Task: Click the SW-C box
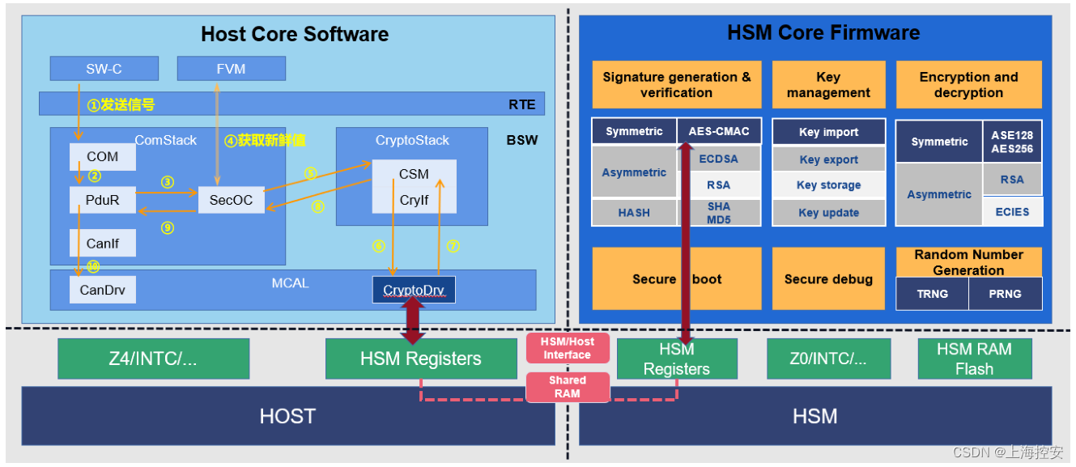pos(104,69)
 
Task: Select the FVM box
pos(231,69)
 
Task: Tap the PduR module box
pos(102,200)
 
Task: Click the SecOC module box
pos(231,200)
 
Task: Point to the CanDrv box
pos(102,290)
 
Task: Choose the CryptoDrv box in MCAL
pos(414,290)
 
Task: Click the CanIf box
pos(102,243)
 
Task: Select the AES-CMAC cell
pos(719,131)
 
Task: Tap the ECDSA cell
pos(719,159)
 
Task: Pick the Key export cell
pos(828,159)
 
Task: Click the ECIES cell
pos(1012,212)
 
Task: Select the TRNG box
pos(933,294)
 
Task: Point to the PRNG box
pos(1005,294)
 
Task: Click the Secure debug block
pos(828,279)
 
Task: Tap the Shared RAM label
pos(568,387)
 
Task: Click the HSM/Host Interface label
pos(568,348)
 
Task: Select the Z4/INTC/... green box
pos(153,359)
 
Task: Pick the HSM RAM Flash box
pos(975,359)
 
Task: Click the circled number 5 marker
pos(311,173)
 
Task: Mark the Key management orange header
pos(828,84)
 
